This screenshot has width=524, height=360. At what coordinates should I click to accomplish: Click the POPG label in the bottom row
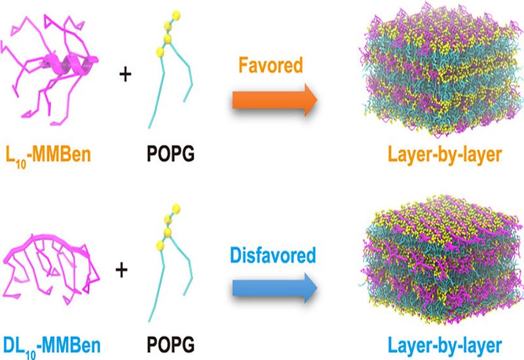coord(169,342)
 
